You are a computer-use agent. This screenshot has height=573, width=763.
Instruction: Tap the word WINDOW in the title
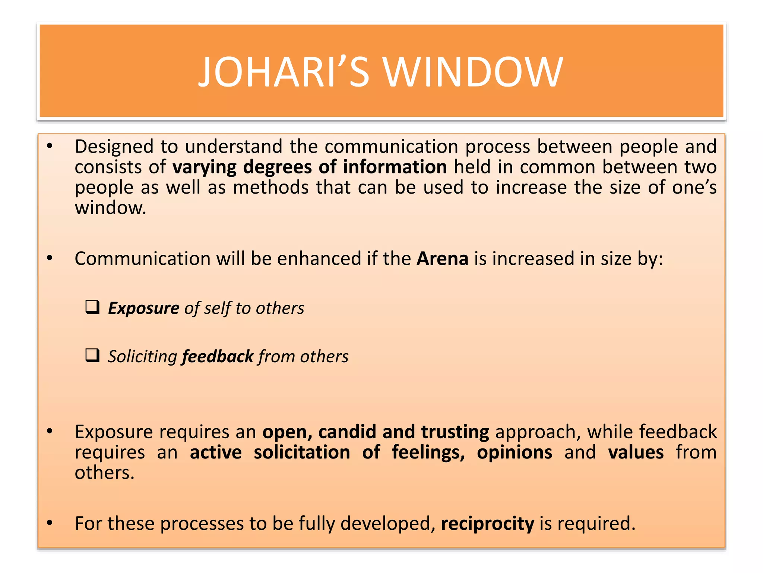pos(473,72)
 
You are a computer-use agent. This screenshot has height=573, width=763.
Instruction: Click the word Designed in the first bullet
pos(114,147)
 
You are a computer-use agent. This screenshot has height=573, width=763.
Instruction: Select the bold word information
pos(395,167)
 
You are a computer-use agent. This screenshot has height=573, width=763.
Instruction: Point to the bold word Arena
pos(442,259)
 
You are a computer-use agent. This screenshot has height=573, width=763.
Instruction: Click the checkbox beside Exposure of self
pos(92,307)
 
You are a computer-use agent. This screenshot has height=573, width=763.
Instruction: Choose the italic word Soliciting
pos(142,357)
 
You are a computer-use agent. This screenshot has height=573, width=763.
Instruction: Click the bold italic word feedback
pos(218,357)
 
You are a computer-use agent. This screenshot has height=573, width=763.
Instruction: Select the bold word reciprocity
pos(487,523)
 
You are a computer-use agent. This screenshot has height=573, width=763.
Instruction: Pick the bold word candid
pos(347,432)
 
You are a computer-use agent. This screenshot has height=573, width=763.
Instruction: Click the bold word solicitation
pos(302,453)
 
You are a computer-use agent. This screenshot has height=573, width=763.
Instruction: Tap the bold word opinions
pos(515,453)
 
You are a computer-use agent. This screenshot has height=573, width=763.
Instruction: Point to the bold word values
pos(636,453)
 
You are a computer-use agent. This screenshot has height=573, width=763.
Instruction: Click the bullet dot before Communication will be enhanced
pos(50,258)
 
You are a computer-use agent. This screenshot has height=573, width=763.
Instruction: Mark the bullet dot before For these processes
pos(50,523)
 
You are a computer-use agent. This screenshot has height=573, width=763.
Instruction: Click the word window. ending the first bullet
pos(111,208)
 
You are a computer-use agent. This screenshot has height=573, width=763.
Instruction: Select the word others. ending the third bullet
pos(104,473)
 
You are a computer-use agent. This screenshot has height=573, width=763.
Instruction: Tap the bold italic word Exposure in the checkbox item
pos(144,309)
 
